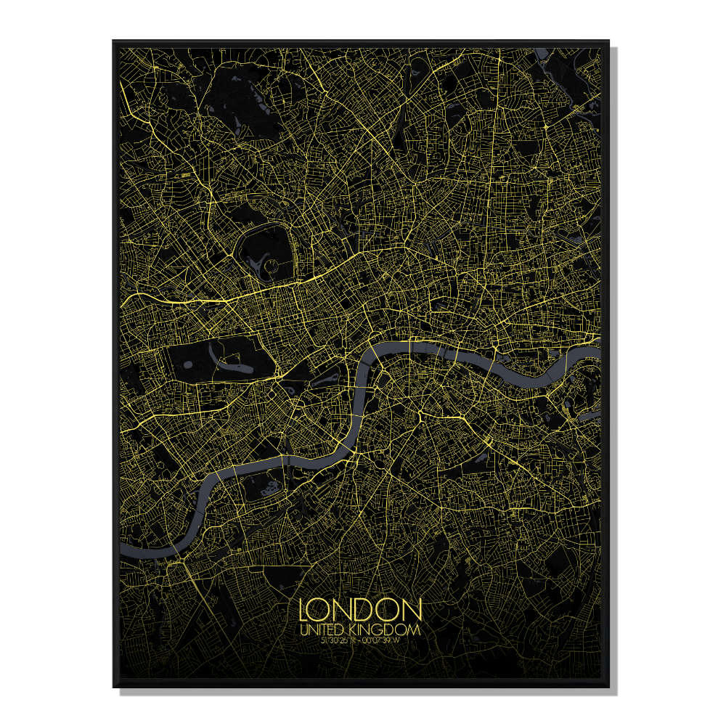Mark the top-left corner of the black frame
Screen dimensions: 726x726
(x=113, y=41)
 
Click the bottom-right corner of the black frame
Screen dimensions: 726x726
(x=608, y=686)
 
